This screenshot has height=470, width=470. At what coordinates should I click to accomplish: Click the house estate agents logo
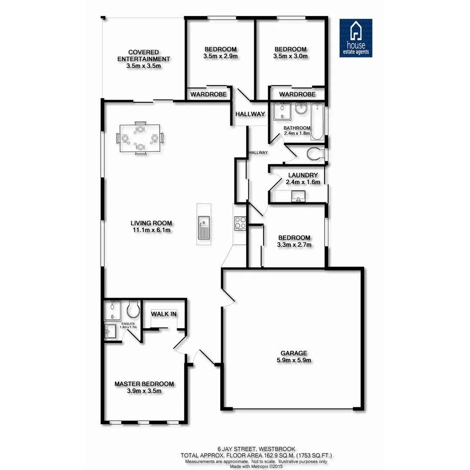click(356, 38)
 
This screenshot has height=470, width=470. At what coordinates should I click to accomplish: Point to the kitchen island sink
click(204, 228)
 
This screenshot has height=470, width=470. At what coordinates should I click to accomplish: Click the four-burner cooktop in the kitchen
click(240, 223)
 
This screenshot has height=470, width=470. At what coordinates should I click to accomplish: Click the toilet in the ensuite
click(132, 310)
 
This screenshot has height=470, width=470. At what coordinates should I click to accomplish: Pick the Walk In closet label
click(164, 314)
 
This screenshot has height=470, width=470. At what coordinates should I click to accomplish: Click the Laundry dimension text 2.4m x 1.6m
click(303, 182)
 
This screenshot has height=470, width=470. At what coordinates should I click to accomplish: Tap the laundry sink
click(299, 196)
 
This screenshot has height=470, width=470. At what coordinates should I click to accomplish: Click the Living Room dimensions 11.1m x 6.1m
click(151, 230)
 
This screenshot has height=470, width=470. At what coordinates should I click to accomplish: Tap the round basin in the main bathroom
click(301, 109)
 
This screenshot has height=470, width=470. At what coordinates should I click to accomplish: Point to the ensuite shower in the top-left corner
click(113, 310)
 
